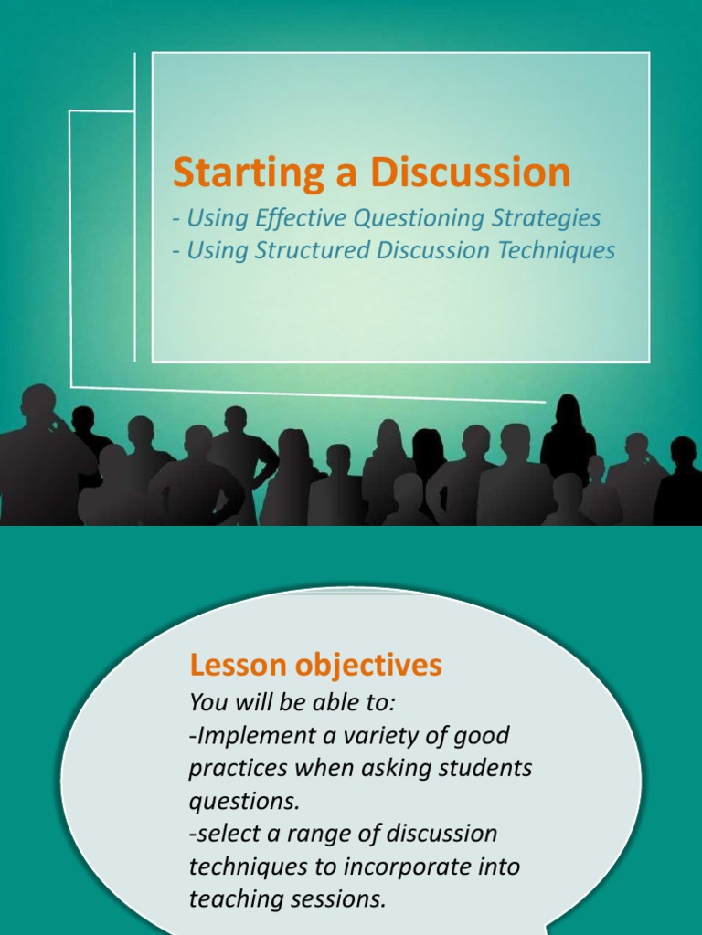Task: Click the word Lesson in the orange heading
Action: tap(235, 666)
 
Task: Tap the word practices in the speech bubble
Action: tap(234, 768)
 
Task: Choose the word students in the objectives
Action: tap(488, 768)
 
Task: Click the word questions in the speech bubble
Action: tap(243, 802)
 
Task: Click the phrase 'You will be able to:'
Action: tap(292, 702)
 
